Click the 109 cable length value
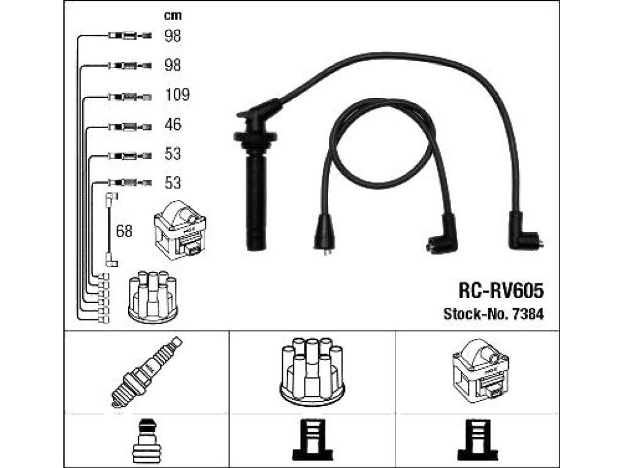tap(177, 94)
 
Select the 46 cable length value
tap(172, 124)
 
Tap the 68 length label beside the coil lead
tap(124, 231)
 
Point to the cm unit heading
tap(172, 15)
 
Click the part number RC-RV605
tap(501, 291)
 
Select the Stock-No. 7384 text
tap(494, 314)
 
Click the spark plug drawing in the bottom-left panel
tap(146, 372)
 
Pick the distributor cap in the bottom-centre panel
tap(313, 372)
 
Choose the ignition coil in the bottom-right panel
tap(481, 370)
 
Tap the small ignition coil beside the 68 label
tap(180, 230)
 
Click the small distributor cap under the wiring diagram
tap(153, 297)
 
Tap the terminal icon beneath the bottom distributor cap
tap(313, 440)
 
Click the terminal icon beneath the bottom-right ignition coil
tap(478, 440)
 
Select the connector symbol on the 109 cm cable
tap(130, 97)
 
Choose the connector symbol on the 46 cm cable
tap(130, 127)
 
